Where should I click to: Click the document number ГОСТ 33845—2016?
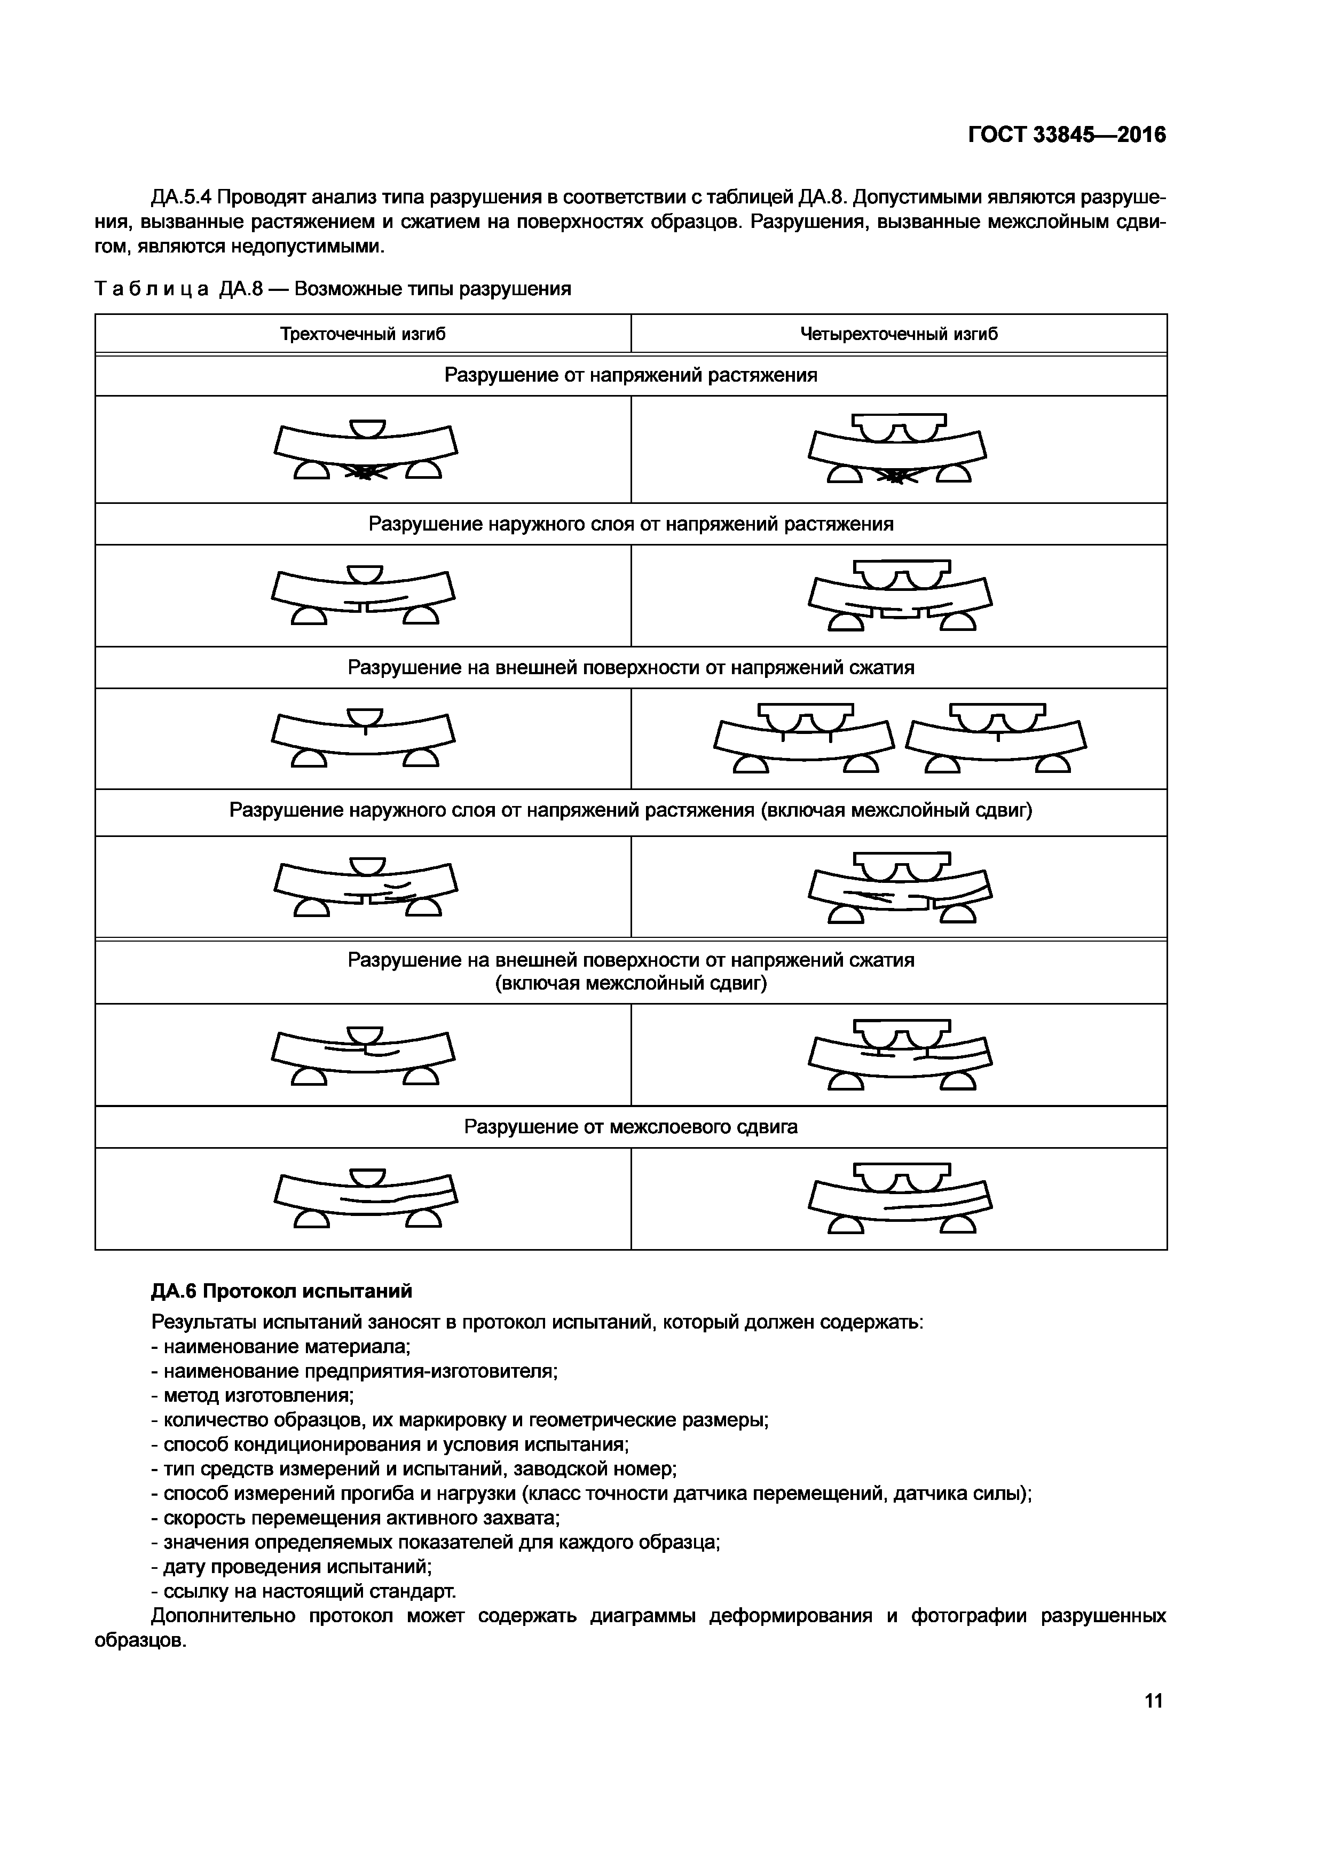1066,135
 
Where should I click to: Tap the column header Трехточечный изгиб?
363,334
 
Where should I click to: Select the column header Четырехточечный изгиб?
899,334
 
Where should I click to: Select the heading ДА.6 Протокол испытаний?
281,1291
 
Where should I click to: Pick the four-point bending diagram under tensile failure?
897,449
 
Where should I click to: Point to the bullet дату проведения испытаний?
291,1567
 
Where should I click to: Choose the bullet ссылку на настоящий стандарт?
303,1592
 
